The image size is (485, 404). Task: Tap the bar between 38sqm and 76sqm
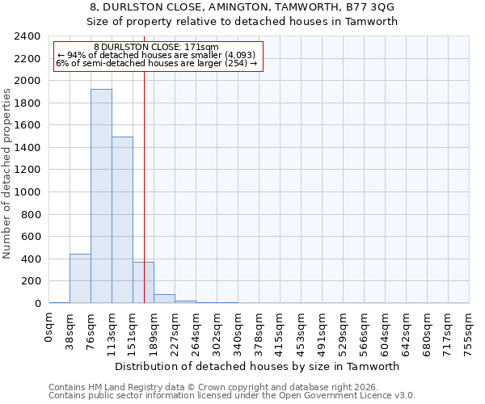click(x=80, y=279)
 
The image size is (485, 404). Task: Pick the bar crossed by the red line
click(x=143, y=283)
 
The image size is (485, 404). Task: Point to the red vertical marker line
click(x=144, y=162)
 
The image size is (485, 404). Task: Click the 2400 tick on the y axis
click(x=27, y=36)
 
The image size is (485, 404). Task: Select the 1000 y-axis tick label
click(x=27, y=192)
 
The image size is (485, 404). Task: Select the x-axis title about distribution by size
click(x=259, y=366)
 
